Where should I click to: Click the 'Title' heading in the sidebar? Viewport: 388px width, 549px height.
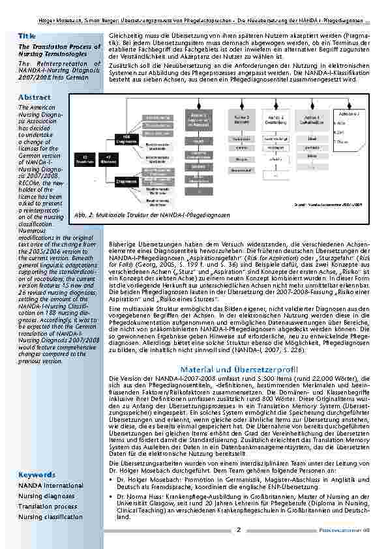pyautogui.click(x=27, y=35)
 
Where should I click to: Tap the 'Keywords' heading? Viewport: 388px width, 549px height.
pyautogui.click(x=37, y=475)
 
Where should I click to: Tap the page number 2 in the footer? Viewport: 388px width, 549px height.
pyautogui.click(x=239, y=530)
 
